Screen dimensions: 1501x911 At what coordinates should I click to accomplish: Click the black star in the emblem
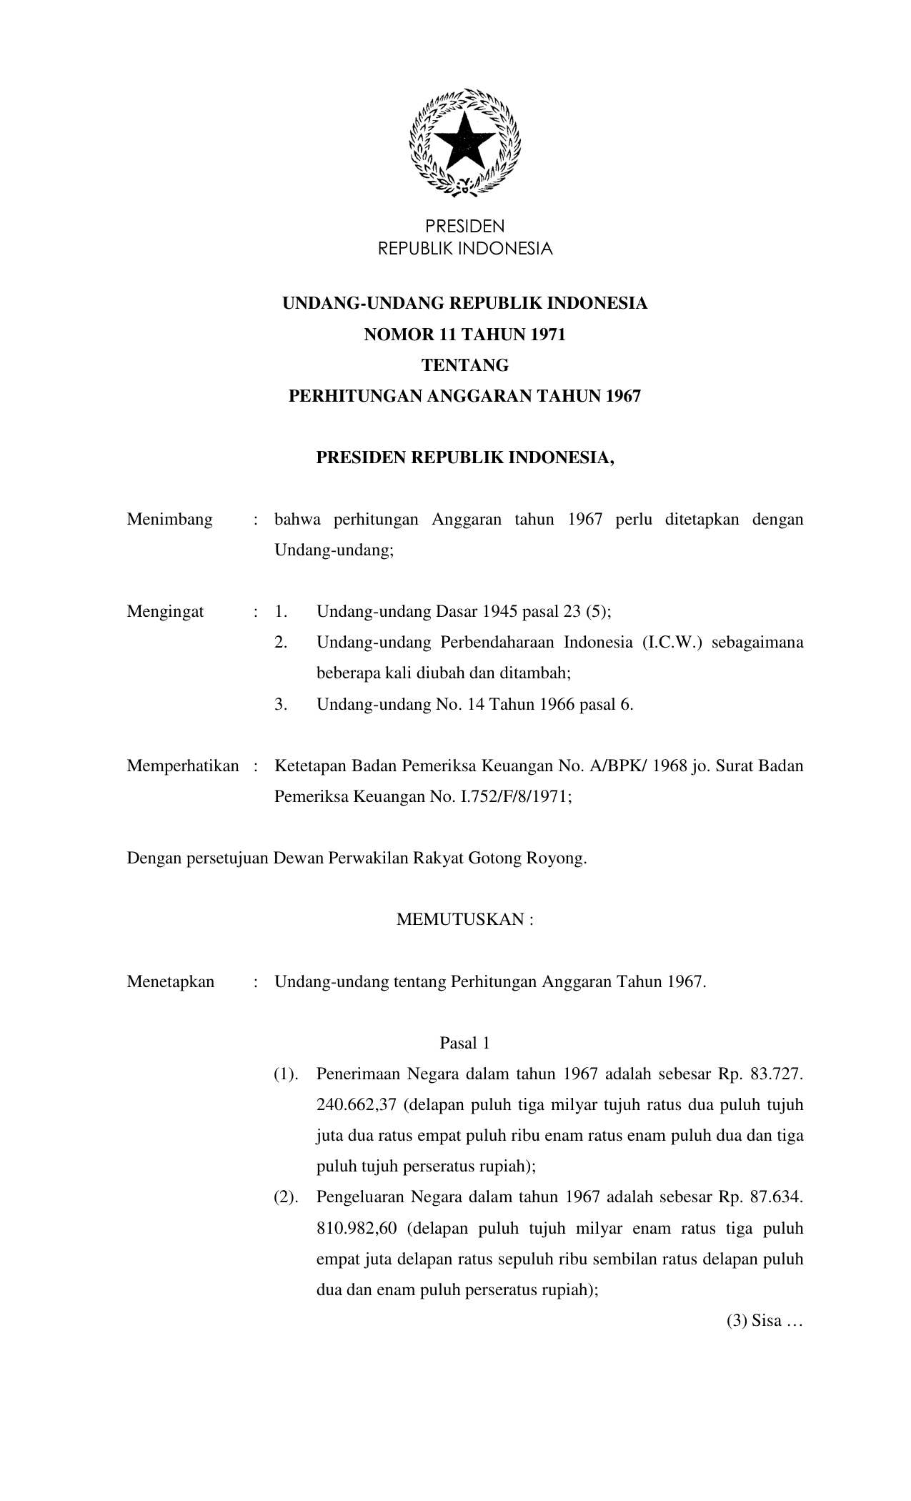click(464, 140)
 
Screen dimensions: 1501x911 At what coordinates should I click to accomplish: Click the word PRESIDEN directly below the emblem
click(464, 227)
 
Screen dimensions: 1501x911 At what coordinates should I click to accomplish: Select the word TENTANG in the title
click(464, 365)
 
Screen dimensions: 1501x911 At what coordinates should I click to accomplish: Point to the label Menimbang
click(169, 520)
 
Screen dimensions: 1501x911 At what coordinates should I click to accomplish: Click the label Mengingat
click(165, 612)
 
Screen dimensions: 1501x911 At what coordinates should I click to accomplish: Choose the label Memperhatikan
click(183, 766)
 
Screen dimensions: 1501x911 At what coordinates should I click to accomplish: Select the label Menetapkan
click(170, 982)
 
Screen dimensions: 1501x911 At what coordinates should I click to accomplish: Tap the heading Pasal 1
click(464, 1044)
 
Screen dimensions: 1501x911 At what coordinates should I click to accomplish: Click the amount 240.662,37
click(356, 1105)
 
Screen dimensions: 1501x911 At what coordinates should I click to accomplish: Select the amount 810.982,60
click(357, 1229)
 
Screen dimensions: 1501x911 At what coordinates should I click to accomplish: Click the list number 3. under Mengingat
click(281, 705)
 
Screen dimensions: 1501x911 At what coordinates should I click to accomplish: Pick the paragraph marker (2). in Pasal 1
click(286, 1197)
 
